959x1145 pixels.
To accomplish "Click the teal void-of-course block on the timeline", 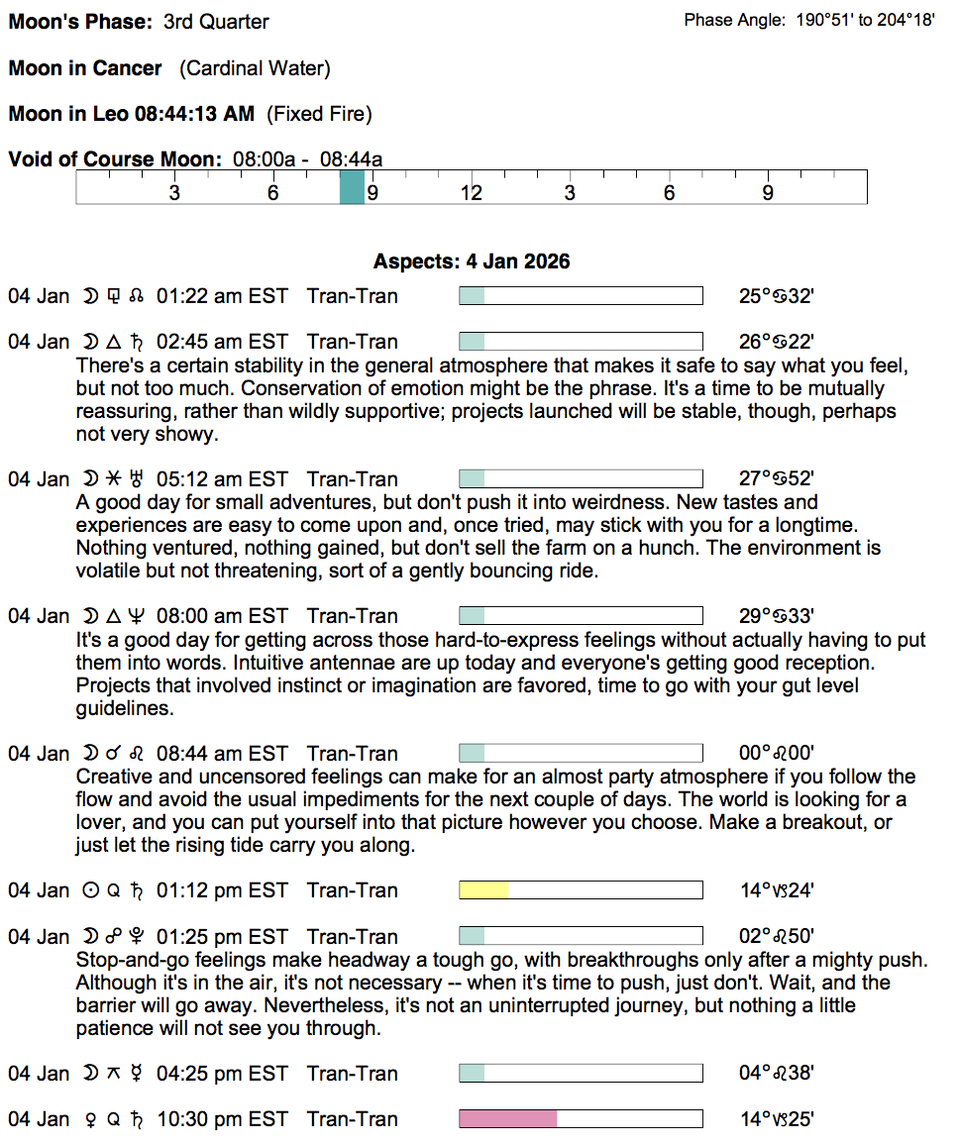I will [x=352, y=186].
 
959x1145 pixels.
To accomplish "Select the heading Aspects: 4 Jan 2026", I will [x=472, y=262].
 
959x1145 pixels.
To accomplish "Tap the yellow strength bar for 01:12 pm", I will [x=483, y=890].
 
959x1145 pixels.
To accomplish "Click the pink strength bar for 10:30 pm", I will [x=507, y=1119].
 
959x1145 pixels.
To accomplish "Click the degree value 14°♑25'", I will [x=777, y=1119].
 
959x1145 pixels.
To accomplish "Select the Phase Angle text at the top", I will [x=808, y=20].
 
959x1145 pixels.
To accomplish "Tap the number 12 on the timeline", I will [x=471, y=193].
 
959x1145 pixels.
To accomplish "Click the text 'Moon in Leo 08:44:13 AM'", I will [x=132, y=114].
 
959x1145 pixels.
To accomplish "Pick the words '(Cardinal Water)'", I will [x=255, y=68].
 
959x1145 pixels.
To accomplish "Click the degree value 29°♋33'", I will [x=777, y=616].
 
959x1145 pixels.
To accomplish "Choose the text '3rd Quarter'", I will [x=216, y=21].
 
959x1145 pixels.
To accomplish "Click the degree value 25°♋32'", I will [x=777, y=296].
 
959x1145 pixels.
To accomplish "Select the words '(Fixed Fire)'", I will [x=319, y=114].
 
